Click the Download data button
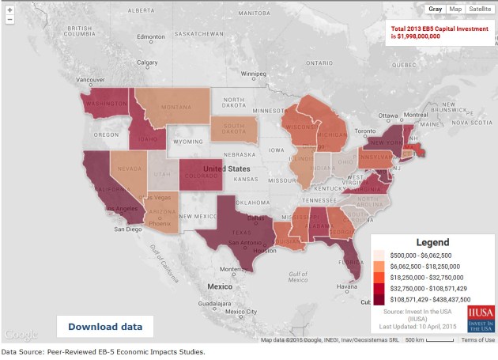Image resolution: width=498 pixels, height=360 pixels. click(105, 326)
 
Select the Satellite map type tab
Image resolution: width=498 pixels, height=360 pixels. click(479, 9)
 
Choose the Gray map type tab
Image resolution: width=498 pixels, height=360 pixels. click(435, 9)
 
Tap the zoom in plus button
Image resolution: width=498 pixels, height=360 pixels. click(9, 10)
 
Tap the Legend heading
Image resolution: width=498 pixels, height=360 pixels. click(432, 242)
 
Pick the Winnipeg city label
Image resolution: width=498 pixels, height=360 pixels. click(253, 74)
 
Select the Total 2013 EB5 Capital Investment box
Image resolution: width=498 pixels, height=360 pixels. click(437, 32)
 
